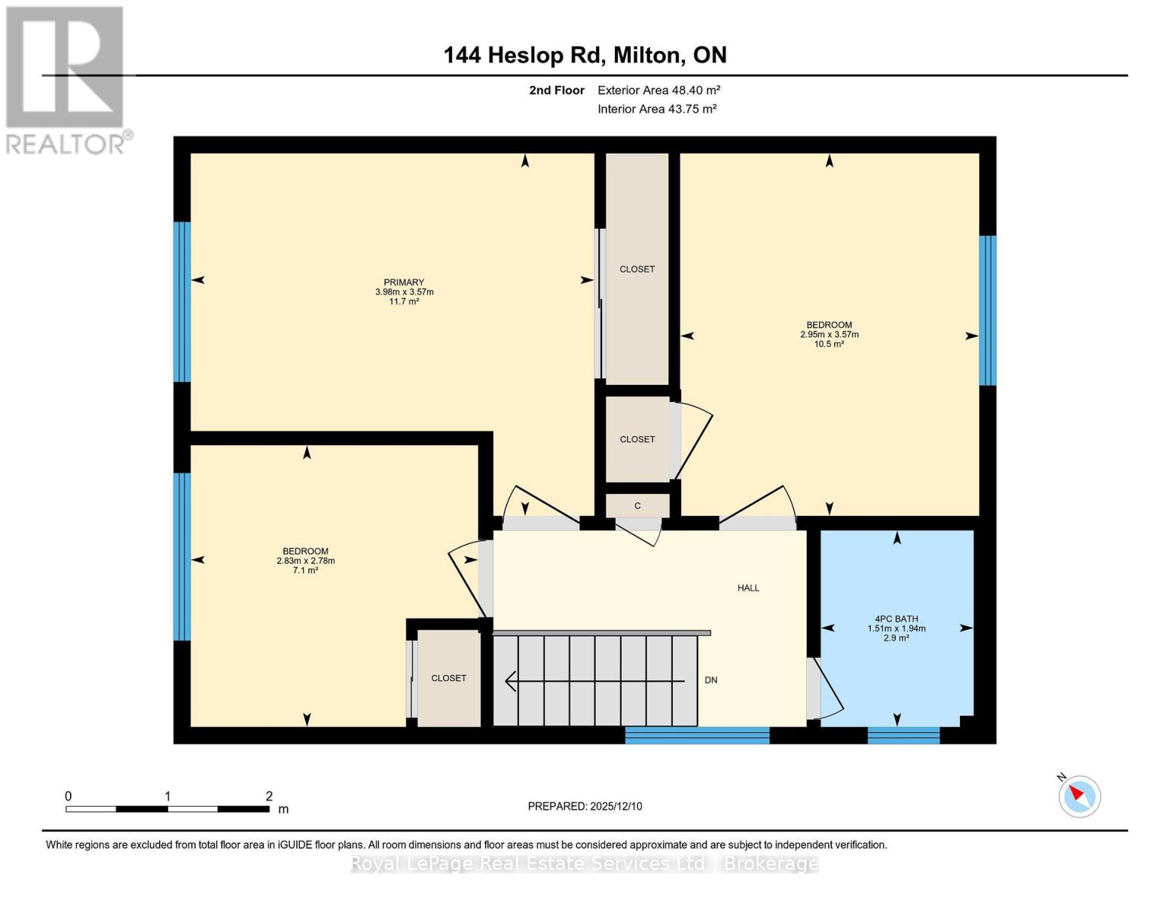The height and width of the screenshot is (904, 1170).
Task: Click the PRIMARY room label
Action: (404, 282)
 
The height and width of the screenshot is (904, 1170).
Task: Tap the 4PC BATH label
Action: (896, 619)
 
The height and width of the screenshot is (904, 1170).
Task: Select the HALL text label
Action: (748, 588)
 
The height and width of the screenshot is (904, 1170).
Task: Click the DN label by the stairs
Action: (710, 680)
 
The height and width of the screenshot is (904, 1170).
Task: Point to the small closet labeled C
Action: (637, 506)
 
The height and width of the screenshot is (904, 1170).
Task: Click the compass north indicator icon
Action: (1079, 796)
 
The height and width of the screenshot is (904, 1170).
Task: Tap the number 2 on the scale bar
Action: (269, 796)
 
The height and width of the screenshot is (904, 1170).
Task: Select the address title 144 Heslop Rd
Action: (585, 55)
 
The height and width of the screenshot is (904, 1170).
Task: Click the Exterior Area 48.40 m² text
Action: (658, 90)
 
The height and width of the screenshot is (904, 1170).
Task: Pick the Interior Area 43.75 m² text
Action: (656, 109)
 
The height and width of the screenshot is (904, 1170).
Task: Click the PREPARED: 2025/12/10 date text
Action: (585, 806)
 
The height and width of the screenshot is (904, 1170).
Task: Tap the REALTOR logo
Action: (66, 80)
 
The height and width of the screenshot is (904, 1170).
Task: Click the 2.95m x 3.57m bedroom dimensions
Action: (829, 334)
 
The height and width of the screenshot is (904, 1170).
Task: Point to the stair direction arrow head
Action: (510, 681)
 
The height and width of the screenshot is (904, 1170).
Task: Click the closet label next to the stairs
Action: (448, 678)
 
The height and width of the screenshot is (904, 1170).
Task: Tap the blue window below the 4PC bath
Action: (903, 734)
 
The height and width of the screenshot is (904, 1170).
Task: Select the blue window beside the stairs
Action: (697, 734)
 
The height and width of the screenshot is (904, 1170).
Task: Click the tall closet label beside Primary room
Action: (637, 269)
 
